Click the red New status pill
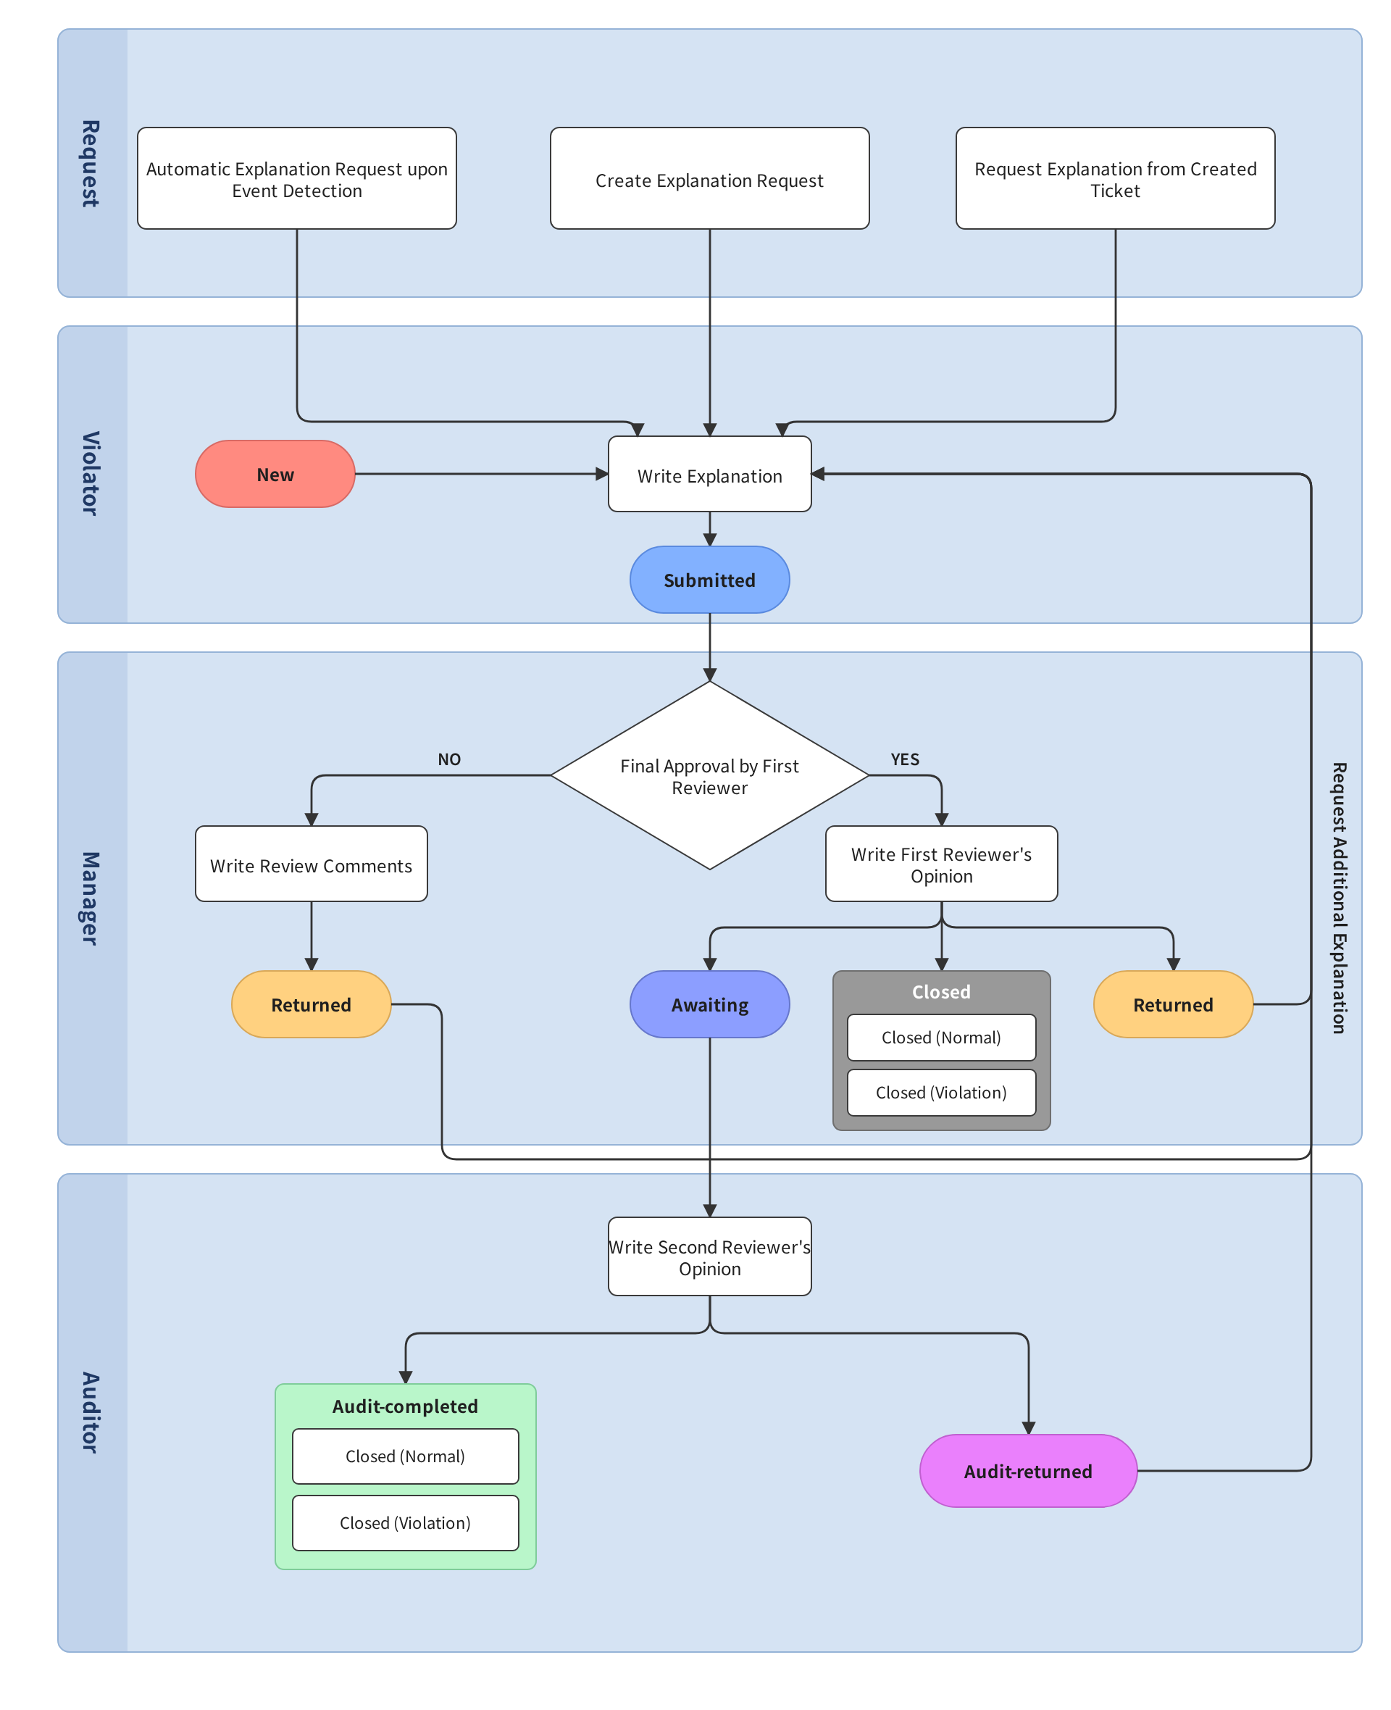(275, 474)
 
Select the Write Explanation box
(709, 474)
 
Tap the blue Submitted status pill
(709, 580)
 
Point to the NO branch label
(448, 759)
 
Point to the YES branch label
(905, 759)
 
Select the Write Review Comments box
(311, 864)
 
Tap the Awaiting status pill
(709, 1004)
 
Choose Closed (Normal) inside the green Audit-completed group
(405, 1456)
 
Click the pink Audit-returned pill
(1028, 1470)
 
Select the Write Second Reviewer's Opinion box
(709, 1256)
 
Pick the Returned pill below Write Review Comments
(311, 1004)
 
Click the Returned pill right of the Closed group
(1172, 1004)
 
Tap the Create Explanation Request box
(709, 179)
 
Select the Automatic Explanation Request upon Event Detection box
(296, 179)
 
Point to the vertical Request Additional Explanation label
(1338, 898)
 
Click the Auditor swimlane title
(91, 1412)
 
